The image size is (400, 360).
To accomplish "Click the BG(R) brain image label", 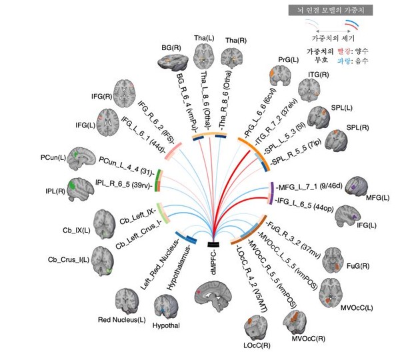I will click(x=171, y=48).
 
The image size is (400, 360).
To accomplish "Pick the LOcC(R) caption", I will click(x=257, y=345).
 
